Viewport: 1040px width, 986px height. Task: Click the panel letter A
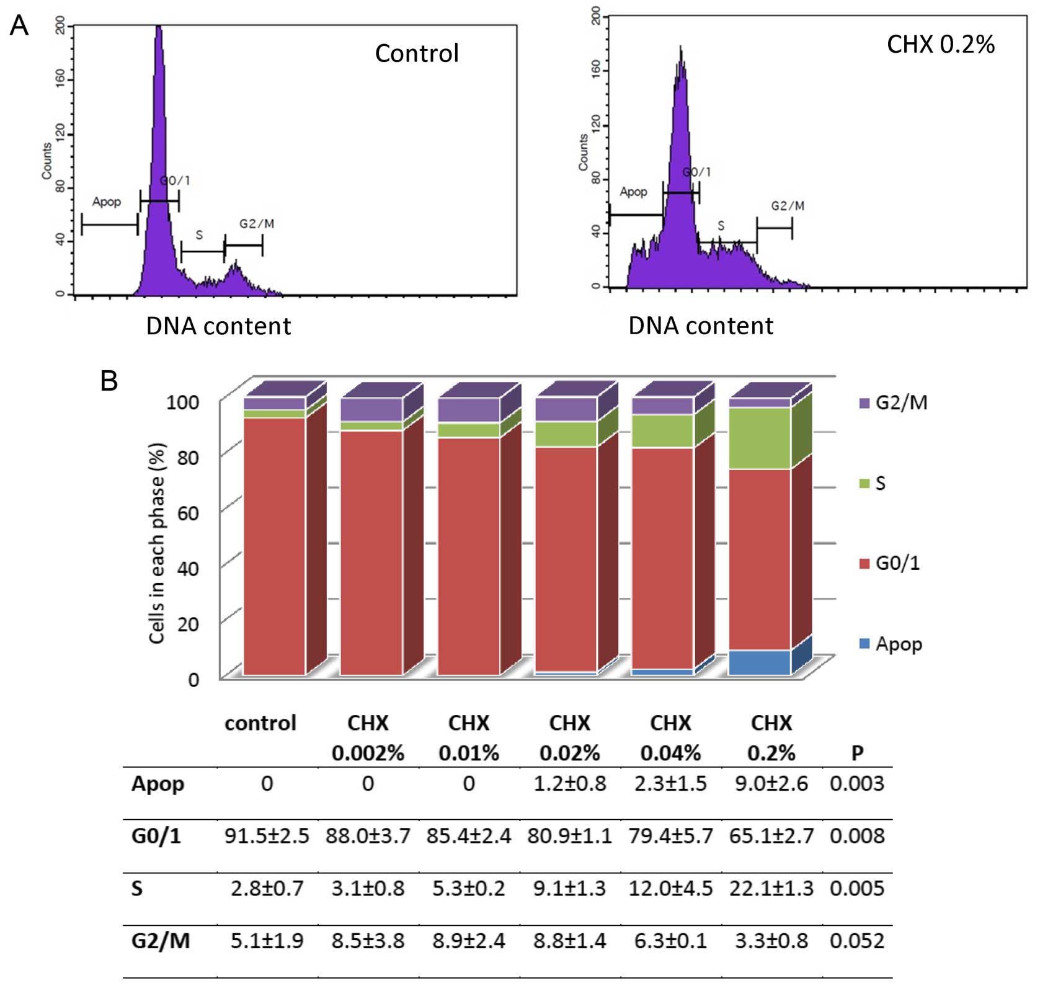(x=19, y=26)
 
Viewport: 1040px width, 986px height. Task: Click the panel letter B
(x=109, y=381)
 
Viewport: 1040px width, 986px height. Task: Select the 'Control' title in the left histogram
(x=417, y=53)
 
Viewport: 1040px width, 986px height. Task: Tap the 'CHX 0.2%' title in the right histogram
(x=940, y=44)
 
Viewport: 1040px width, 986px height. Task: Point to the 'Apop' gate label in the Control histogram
(x=107, y=202)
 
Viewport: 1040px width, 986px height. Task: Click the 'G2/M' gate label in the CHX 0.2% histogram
(x=788, y=206)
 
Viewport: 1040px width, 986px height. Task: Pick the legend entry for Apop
(x=891, y=644)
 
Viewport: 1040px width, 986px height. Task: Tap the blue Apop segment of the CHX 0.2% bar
(x=760, y=662)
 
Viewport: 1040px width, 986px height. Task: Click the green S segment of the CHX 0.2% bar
(x=760, y=438)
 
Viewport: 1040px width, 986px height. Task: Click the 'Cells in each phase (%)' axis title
(x=157, y=543)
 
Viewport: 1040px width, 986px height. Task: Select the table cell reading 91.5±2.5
(x=267, y=836)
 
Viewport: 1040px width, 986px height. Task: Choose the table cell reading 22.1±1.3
(x=771, y=889)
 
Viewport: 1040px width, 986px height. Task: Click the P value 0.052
(x=857, y=941)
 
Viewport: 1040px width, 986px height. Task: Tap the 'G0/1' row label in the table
(x=156, y=836)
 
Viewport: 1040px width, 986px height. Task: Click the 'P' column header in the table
(x=857, y=753)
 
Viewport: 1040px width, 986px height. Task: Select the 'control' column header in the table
(x=260, y=723)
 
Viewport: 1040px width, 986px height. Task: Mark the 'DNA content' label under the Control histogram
(x=218, y=326)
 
